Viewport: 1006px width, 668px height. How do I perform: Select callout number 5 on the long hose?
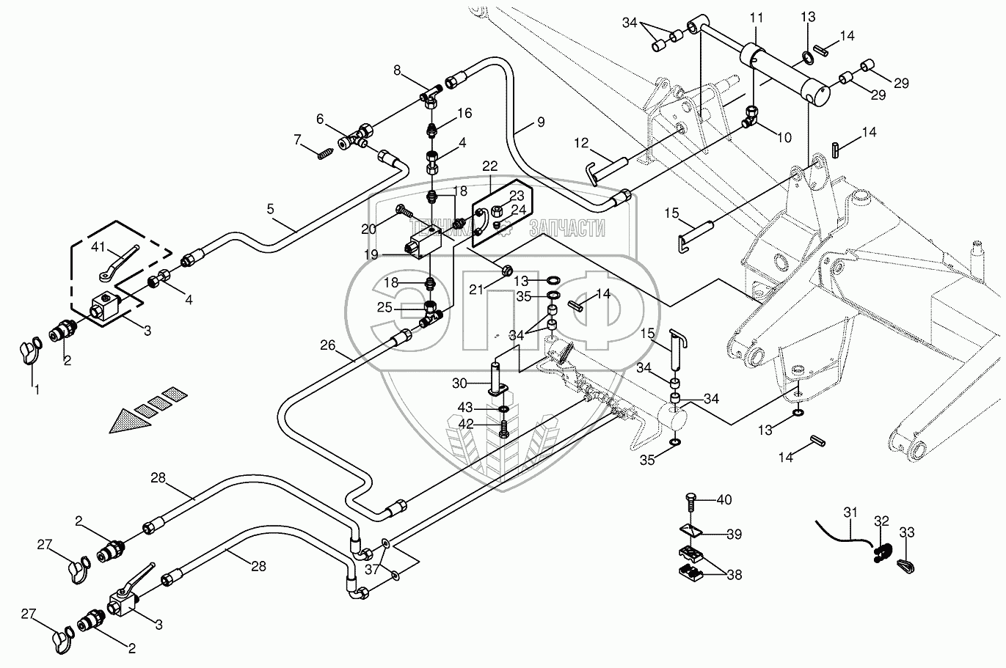coord(271,209)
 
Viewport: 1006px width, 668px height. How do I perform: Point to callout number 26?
coord(327,345)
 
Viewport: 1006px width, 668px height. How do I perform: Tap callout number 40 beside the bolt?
coord(725,500)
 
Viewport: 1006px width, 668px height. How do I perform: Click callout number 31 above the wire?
coord(850,512)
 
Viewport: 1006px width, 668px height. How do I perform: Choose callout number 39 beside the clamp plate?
coord(733,534)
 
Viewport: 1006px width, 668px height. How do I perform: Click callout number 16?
coord(465,113)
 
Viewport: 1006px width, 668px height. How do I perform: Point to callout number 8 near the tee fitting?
coord(397,70)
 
